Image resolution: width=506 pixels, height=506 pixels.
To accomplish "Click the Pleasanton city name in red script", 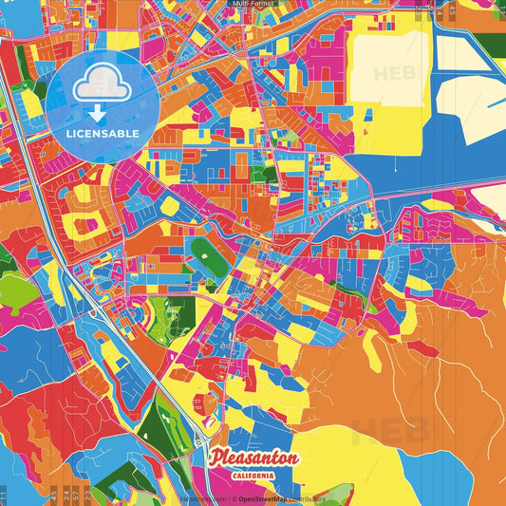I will click(255, 459).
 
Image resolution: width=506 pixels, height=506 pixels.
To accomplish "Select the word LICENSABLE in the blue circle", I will click(103, 133).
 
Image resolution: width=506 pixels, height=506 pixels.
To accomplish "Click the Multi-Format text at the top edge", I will click(253, 5).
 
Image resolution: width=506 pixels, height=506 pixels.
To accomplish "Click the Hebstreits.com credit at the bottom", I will click(204, 497).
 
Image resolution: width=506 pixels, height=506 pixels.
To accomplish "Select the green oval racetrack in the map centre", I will click(206, 253).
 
